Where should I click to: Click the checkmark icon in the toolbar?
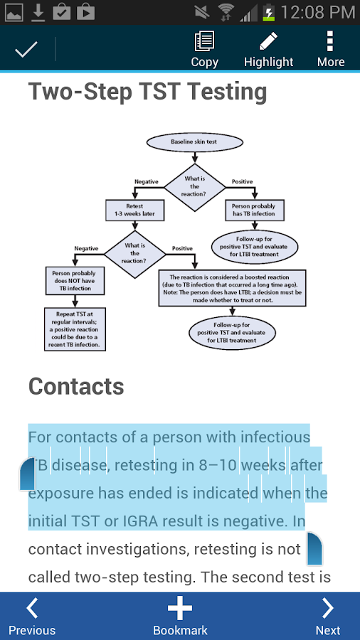tap(26, 49)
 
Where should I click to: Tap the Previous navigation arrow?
tap(32, 616)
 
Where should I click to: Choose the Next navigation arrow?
tap(328, 616)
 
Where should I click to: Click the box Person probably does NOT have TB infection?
tap(72, 279)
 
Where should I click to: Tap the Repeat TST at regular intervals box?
tap(76, 329)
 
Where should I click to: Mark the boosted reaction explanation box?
tap(233, 288)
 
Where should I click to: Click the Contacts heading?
tap(76, 386)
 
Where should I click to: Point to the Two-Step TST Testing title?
tap(147, 92)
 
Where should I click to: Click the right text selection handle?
tap(314, 549)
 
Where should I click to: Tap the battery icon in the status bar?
tap(268, 12)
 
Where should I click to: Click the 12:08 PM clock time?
tap(318, 12)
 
